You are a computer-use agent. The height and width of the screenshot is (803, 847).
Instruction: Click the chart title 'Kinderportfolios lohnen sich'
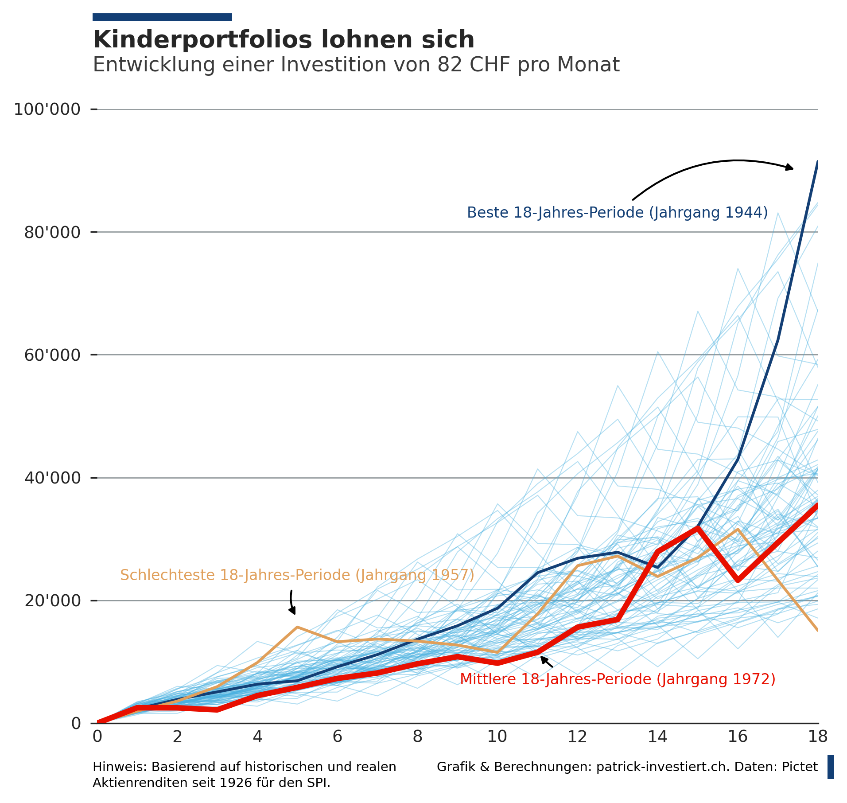point(284,40)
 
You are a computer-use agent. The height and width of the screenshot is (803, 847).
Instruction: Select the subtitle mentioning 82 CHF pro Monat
point(356,65)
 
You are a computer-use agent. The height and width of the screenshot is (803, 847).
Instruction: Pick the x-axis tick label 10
point(497,737)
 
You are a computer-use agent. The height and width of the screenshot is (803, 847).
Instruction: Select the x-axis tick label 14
point(657,737)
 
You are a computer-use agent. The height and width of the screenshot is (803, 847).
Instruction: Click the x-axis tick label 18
point(817,737)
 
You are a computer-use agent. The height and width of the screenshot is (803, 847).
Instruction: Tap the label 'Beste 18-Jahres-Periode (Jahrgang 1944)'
point(617,213)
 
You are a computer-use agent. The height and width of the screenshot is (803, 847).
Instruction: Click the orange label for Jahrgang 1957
point(297,575)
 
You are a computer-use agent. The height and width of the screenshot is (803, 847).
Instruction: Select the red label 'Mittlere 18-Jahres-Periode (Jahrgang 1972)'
point(618,679)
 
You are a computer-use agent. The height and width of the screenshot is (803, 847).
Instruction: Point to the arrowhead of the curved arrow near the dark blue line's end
point(791,168)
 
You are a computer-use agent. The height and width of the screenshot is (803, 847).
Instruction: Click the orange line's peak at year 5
point(297,627)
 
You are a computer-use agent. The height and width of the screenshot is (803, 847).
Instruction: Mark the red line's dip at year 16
point(738,580)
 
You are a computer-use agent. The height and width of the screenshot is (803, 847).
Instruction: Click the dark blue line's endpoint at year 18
point(817,162)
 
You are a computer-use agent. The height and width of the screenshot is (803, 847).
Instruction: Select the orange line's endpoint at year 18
point(817,630)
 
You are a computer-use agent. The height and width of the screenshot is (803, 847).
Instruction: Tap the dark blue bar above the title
point(162,17)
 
